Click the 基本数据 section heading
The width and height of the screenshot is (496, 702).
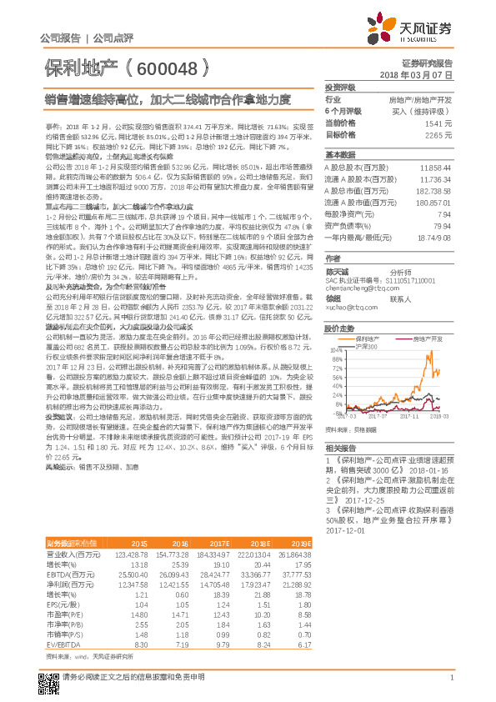pyautogui.click(x=339, y=155)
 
